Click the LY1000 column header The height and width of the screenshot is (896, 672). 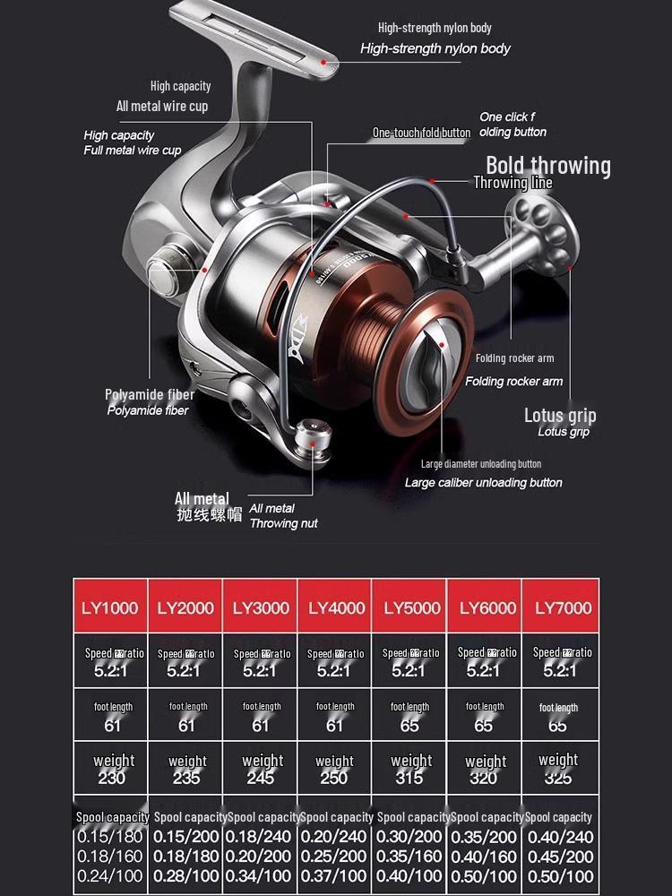(110, 607)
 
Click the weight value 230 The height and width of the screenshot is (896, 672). (112, 778)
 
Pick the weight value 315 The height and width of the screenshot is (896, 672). (410, 778)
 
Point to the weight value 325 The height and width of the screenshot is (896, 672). (558, 778)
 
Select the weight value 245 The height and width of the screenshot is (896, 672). (261, 778)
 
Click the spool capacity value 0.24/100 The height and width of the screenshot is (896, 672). (110, 875)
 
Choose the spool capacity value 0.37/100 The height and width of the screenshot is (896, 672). (334, 875)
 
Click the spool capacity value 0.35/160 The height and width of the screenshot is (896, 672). (410, 856)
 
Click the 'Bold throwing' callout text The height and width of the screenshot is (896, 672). (547, 166)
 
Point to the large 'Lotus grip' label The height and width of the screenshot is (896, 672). (560, 415)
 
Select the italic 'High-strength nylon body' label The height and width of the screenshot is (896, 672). (435, 48)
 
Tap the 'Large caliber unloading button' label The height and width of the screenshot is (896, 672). (483, 482)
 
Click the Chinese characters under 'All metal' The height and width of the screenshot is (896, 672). (210, 515)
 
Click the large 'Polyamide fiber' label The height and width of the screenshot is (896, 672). (150, 394)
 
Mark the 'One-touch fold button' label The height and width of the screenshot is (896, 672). (421, 133)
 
